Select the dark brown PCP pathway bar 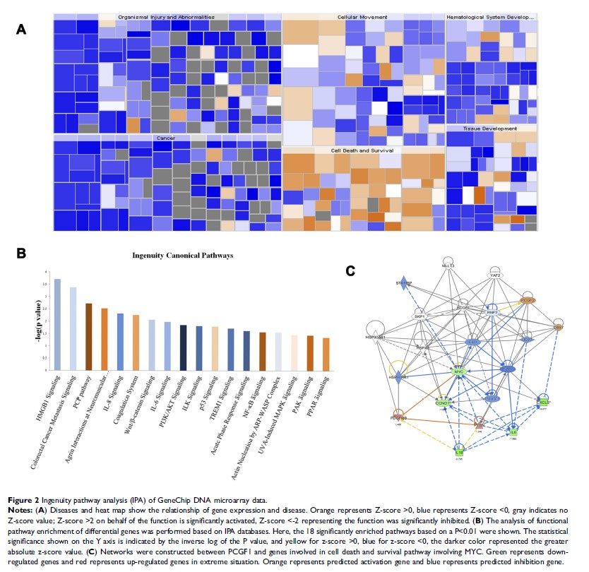88,336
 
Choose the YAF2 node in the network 496,275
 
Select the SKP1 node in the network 419,316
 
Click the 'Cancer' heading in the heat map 165,138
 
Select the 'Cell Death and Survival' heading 362,150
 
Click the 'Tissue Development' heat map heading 489,129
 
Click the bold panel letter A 21,30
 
